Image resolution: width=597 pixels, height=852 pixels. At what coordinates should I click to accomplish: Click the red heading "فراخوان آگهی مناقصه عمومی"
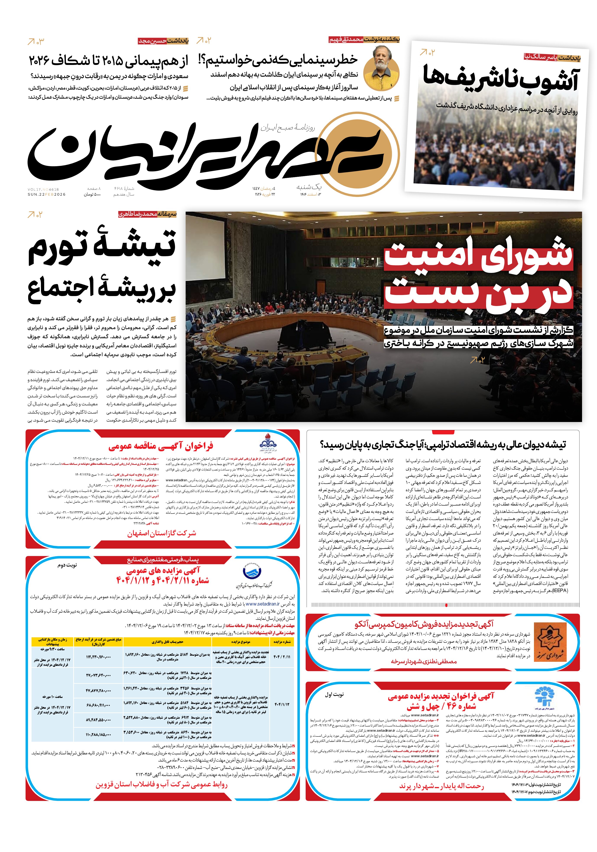coord(161,446)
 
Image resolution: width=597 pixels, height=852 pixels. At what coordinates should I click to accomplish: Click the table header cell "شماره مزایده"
coord(282,642)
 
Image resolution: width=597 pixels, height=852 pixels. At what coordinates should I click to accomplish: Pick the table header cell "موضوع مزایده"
coord(241,642)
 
